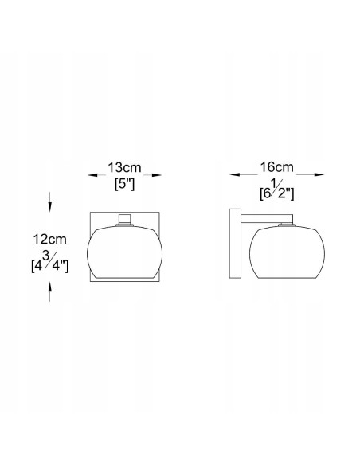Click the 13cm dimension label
point(124,167)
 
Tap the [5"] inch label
point(124,185)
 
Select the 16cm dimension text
point(276,167)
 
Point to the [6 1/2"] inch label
point(276,190)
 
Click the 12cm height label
point(49,239)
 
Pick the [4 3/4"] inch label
point(50,261)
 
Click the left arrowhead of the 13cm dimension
point(92,175)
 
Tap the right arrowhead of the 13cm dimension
point(157,175)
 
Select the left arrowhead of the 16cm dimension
point(235,175)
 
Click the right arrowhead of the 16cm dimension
point(319,175)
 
